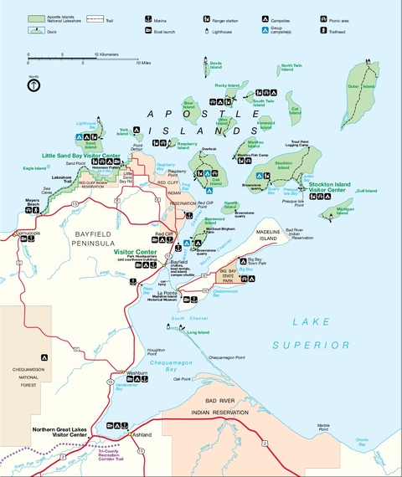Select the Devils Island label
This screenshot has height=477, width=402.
click(215, 64)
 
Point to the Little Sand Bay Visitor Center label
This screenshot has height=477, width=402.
click(85, 156)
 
